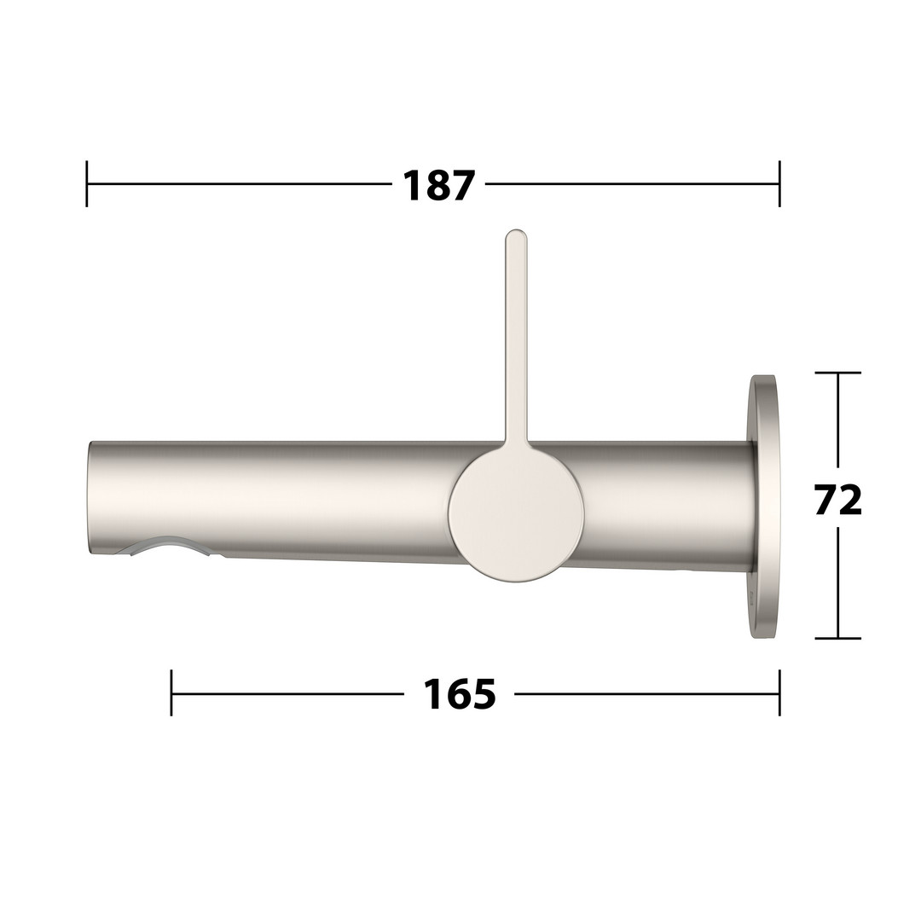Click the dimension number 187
tap(437, 186)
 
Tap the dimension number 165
tap(460, 694)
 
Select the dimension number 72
tap(838, 500)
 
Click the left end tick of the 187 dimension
tap(87, 184)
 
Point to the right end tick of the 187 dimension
tap(779, 184)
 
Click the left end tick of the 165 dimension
tap(171, 692)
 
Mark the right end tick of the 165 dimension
tap(779, 692)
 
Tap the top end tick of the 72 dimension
tap(838, 373)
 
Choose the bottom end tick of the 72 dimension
tap(838, 638)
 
